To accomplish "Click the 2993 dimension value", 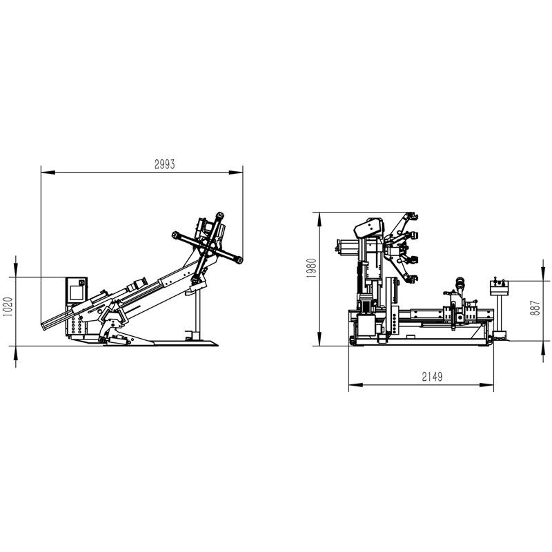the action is coord(164,164).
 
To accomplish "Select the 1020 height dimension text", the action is coord(8,306).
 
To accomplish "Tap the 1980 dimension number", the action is coord(311,268).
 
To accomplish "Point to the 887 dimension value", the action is coord(535,308).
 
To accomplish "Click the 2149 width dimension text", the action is coord(432,377).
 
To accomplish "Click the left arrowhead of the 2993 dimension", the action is coord(48,172).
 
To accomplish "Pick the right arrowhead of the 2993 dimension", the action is coord(236,172).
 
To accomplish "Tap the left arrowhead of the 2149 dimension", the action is coord(355,385).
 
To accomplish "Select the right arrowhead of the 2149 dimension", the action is coord(486,385).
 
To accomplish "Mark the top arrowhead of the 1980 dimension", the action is coord(319,219).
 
